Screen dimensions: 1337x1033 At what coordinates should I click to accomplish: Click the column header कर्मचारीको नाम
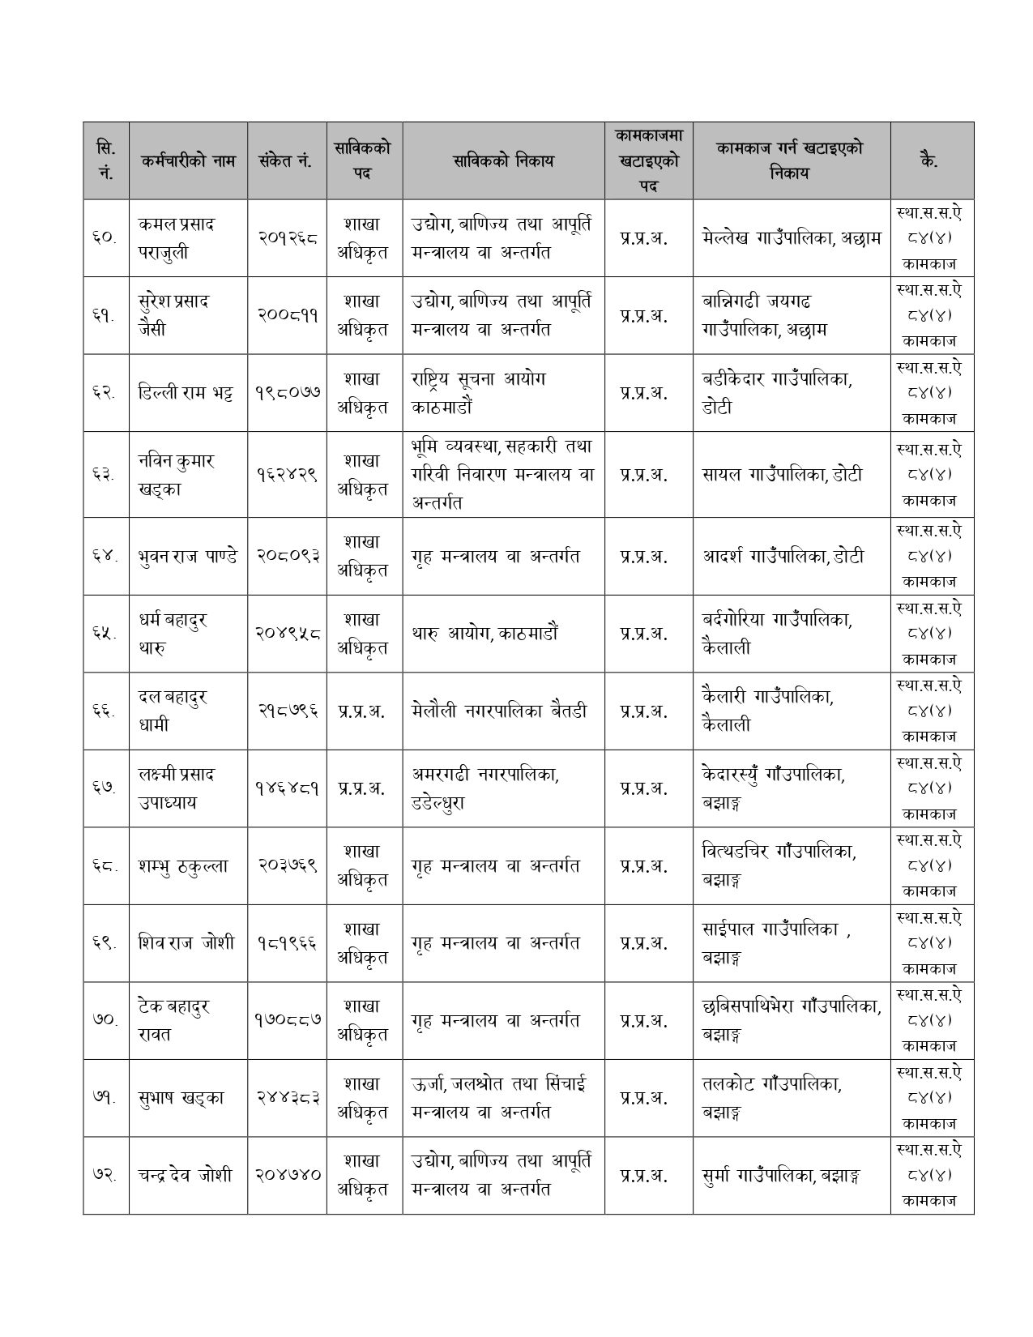pyautogui.click(x=187, y=160)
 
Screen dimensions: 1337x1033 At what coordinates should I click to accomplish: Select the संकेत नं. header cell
pyautogui.click(x=286, y=160)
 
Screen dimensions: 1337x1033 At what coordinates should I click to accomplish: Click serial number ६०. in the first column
pyautogui.click(x=105, y=238)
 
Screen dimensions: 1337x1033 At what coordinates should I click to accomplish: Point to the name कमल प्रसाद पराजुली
pyautogui.click(x=177, y=238)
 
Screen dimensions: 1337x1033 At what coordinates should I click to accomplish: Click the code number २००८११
pyautogui.click(x=288, y=315)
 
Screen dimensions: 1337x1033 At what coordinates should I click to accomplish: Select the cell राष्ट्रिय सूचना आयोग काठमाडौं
pyautogui.click(x=478, y=392)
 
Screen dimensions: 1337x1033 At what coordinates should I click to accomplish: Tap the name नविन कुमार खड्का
pyautogui.click(x=176, y=475)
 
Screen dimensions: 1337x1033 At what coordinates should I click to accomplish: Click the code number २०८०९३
pyautogui.click(x=288, y=556)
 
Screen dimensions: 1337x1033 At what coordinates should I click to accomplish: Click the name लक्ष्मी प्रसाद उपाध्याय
pyautogui.click(x=177, y=788)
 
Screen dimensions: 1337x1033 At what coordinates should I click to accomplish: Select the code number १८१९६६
pyautogui.click(x=288, y=942)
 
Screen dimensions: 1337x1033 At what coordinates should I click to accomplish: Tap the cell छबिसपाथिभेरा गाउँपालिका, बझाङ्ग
pyautogui.click(x=791, y=1020)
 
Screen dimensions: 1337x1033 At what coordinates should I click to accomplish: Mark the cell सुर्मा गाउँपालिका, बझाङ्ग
pyautogui.click(x=779, y=1175)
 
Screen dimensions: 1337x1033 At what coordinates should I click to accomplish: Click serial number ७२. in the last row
pyautogui.click(x=105, y=1175)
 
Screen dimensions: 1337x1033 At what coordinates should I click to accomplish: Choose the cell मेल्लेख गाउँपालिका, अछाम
pyautogui.click(x=792, y=238)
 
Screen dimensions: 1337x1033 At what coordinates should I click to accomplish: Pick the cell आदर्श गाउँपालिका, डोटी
pyautogui.click(x=783, y=556)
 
